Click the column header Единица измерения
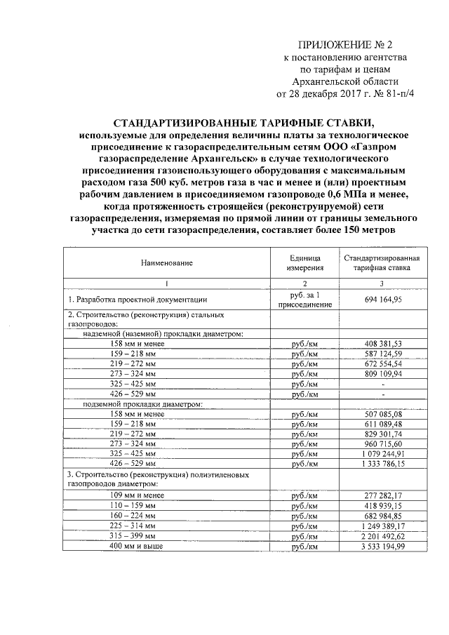pos(304,263)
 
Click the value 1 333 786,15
pos(382,464)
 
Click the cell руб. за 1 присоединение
pos(304,300)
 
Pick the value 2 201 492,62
pos(382,536)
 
